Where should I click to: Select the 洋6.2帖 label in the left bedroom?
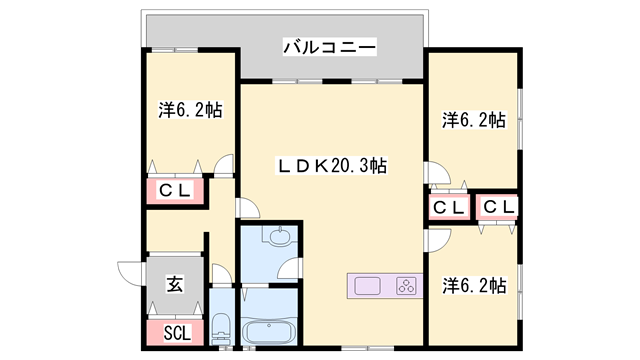click(189, 110)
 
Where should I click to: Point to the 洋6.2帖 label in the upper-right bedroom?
click(474, 120)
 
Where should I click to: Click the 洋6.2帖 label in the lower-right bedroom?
click(474, 285)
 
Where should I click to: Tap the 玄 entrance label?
click(175, 284)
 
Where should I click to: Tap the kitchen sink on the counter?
click(366, 285)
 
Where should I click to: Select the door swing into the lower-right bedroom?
click(436, 240)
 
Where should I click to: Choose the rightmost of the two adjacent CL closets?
click(499, 207)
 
